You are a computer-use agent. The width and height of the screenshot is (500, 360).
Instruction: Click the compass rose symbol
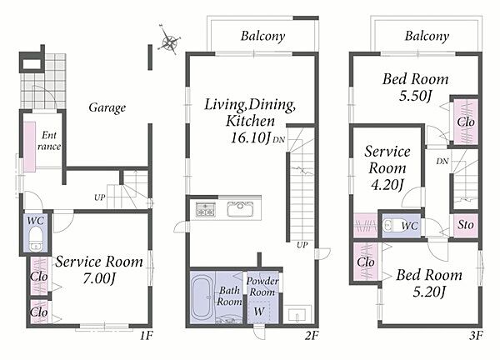tap(170, 41)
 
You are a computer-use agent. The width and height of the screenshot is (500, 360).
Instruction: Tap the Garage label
tap(107, 107)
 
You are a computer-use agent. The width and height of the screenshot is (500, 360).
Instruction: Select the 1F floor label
tap(147, 335)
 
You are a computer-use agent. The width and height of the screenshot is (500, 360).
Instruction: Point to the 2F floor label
tap(311, 335)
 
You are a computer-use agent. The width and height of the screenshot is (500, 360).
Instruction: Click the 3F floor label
tap(476, 335)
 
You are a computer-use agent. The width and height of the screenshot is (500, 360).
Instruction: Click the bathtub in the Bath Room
tap(203, 298)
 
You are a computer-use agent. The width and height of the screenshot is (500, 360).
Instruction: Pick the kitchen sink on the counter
tap(240, 209)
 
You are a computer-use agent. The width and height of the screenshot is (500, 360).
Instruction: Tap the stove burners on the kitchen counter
tap(206, 209)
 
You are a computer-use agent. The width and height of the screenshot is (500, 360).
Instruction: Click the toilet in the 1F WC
tap(36, 237)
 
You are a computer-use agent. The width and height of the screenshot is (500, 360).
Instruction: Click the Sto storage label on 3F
tap(466, 225)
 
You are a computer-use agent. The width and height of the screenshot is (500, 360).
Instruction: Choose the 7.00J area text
tap(99, 278)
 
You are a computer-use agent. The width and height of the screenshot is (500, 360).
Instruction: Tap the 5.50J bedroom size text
tap(415, 96)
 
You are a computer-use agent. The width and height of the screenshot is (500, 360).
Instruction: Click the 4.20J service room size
tap(387, 185)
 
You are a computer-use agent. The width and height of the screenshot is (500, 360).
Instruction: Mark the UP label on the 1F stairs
tap(99, 197)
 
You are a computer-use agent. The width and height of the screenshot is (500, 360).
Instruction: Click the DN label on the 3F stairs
tap(442, 162)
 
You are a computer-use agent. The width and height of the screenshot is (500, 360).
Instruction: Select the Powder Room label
tap(262, 287)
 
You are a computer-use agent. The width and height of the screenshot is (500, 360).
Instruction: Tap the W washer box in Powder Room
tap(259, 311)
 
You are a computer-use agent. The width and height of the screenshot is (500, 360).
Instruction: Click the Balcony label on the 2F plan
tap(262, 36)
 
